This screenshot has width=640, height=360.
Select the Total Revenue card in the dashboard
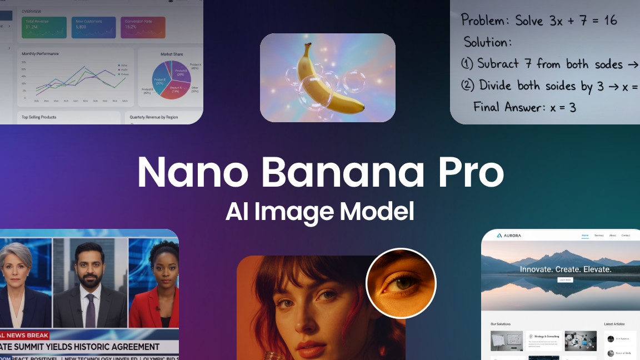pyautogui.click(x=44, y=27)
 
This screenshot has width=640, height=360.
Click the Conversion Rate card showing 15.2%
pyautogui.click(x=143, y=27)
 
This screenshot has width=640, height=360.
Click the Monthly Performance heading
pyautogui.click(x=40, y=54)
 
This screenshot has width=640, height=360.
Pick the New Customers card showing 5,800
pyautogui.click(x=93, y=27)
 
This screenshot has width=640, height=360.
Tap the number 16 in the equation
pyautogui.click(x=609, y=21)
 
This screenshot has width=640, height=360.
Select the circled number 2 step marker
pyautogui.click(x=468, y=86)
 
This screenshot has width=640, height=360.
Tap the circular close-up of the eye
pyautogui.click(x=401, y=283)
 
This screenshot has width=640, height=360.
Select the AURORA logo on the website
pyautogui.click(x=508, y=236)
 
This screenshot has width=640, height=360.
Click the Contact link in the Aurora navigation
pyautogui.click(x=626, y=236)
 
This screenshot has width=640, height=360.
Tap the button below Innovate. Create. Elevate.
pyautogui.click(x=565, y=280)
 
